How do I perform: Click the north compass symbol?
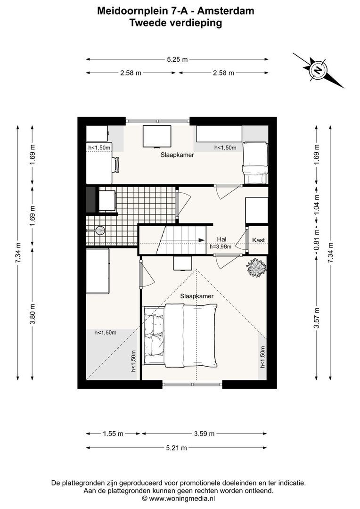tap(318, 70)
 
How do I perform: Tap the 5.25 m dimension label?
tap(177, 59)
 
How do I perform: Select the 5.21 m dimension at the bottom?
tap(177, 448)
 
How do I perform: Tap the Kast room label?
tap(258, 240)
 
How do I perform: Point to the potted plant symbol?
tap(256, 268)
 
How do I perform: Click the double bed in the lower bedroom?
tap(181, 335)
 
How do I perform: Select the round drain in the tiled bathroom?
tap(99, 230)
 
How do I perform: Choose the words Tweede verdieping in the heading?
tap(176, 22)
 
